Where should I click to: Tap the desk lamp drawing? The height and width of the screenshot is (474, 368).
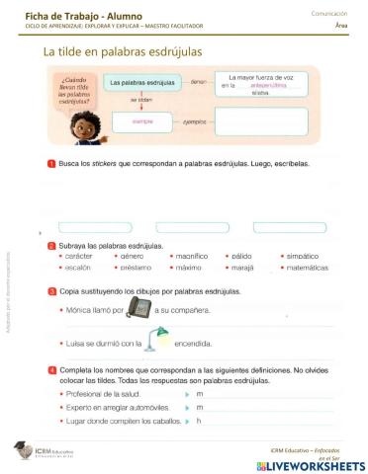158,341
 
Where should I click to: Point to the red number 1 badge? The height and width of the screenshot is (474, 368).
51,163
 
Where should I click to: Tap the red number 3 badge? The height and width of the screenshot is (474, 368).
51,291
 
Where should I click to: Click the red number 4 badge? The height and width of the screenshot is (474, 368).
51,369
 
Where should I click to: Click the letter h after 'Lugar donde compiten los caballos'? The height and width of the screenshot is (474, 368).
199,421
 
